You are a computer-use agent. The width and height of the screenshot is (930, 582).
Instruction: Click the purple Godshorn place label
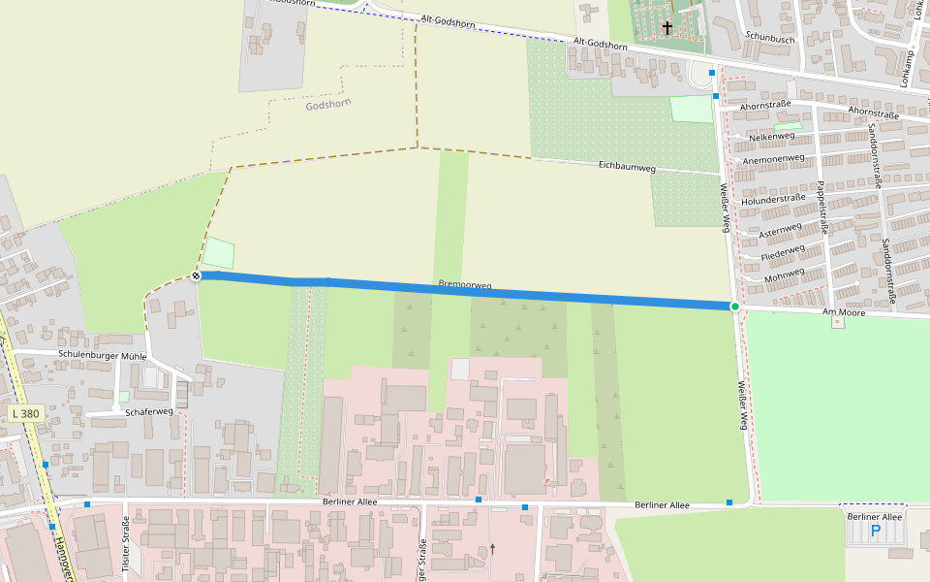327,104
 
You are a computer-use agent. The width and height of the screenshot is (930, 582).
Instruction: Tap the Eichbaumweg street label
627,168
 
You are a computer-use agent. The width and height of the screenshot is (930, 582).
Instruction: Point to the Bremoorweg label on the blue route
465,285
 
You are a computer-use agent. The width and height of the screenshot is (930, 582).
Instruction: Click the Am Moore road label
842,312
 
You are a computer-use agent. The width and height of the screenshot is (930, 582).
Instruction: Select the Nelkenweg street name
759,137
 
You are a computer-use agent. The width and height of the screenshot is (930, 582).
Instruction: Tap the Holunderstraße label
773,198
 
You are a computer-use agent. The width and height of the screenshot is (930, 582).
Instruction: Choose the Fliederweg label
783,254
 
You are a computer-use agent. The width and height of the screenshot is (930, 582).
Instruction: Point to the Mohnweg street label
785,277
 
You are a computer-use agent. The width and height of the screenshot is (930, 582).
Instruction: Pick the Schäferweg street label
149,411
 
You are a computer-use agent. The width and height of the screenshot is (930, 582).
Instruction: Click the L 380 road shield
27,414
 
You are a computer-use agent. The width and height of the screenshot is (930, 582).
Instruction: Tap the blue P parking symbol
876,531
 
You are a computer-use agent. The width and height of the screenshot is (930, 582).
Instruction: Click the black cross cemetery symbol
666,27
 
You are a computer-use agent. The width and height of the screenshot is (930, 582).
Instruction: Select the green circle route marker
735,307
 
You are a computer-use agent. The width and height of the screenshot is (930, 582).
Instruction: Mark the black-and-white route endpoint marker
197,276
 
